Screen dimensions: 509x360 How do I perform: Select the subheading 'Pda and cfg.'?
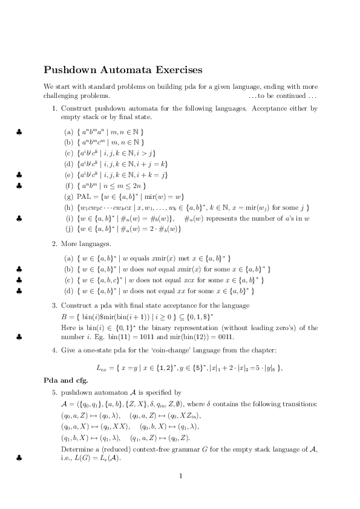[x=66, y=380]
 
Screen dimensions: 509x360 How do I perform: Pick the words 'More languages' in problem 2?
[x=86, y=244]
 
